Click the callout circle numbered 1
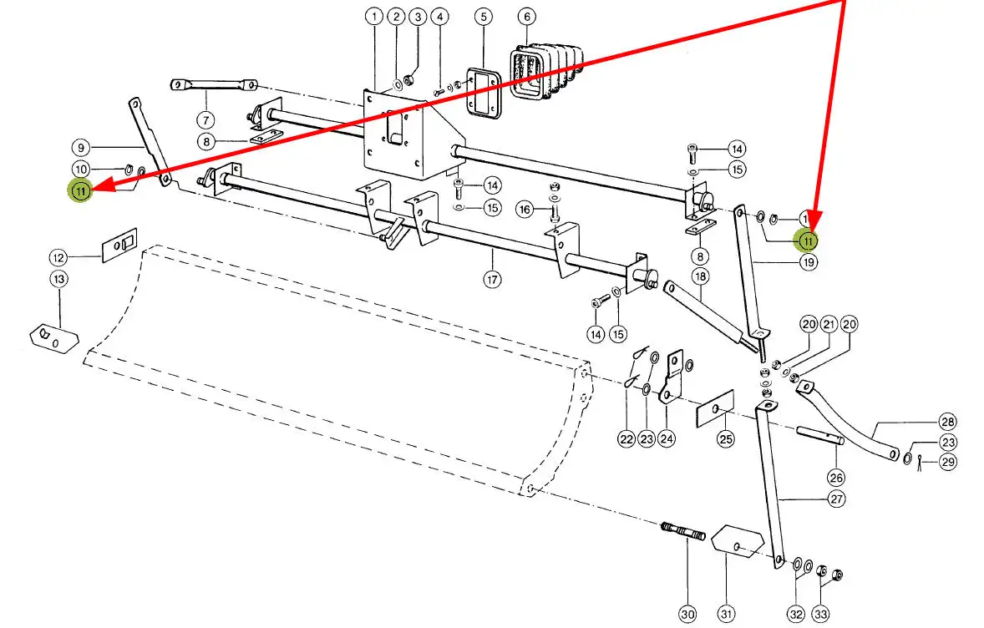(x=373, y=16)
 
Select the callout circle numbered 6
(x=525, y=16)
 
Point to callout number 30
(x=687, y=615)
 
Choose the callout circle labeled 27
(x=835, y=499)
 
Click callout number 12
(x=58, y=257)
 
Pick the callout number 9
(x=80, y=146)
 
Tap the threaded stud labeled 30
(x=683, y=532)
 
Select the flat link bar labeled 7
(x=214, y=84)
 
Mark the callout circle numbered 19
(x=808, y=261)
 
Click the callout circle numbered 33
(x=822, y=615)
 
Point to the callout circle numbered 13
(x=58, y=279)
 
